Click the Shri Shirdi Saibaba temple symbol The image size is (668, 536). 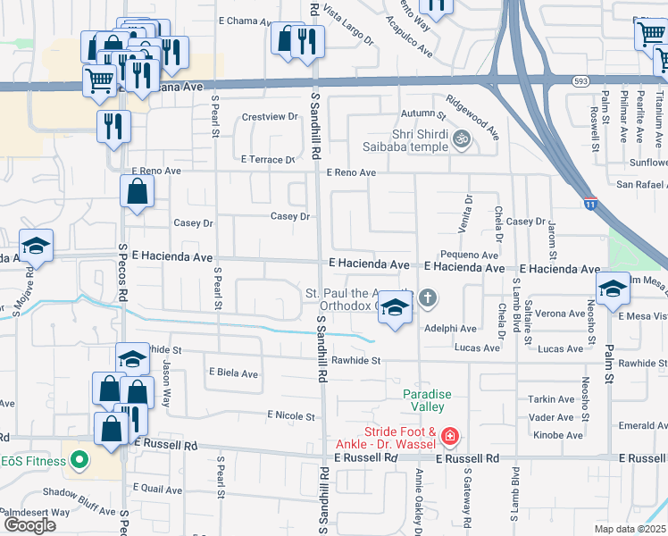pyautogui.click(x=463, y=138)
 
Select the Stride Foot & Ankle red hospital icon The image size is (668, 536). pyautogui.click(x=450, y=437)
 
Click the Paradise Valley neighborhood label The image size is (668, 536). pyautogui.click(x=427, y=400)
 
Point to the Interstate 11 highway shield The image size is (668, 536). pyautogui.click(x=590, y=205)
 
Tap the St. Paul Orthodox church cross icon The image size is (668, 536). pyautogui.click(x=428, y=297)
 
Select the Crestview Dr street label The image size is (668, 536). pyautogui.click(x=270, y=117)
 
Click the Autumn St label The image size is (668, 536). pyautogui.click(x=422, y=114)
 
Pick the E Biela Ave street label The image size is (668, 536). pyautogui.click(x=233, y=373)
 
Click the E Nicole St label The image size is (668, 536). pyautogui.click(x=291, y=416)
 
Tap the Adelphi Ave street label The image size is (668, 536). pyautogui.click(x=451, y=329)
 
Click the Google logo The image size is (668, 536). pyautogui.click(x=29, y=525)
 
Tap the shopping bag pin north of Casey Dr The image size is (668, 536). pyautogui.click(x=138, y=192)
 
